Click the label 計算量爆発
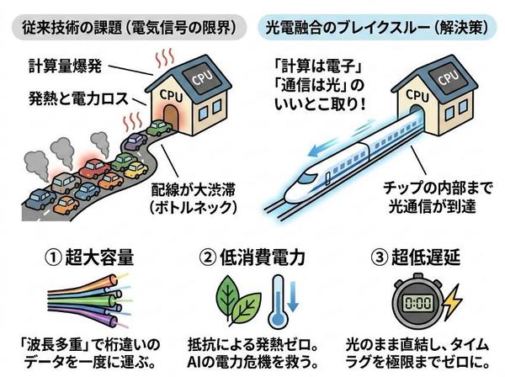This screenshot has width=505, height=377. pos(65,66)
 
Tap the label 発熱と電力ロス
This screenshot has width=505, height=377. pos(78,98)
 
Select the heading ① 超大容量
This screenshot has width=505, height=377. pos(89,258)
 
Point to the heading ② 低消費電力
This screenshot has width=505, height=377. pos(252,258)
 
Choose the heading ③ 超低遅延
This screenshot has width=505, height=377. pos(416,258)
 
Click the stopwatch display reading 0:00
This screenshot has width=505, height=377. pos(417,303)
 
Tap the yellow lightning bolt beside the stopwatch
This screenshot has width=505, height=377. pos(452,302)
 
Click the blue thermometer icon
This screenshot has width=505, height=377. pos(277,300)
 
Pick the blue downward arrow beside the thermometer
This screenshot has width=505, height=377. pos(293,296)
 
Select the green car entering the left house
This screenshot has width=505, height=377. pos(159,128)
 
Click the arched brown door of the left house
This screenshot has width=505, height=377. pos(171,117)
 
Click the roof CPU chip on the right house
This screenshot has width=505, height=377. pos(447,78)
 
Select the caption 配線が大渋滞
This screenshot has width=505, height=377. pos(193,189)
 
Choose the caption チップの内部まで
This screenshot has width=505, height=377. pos(438,188)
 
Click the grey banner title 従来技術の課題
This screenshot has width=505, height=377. pos(72,28)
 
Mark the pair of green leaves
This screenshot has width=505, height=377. pos(238,300)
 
